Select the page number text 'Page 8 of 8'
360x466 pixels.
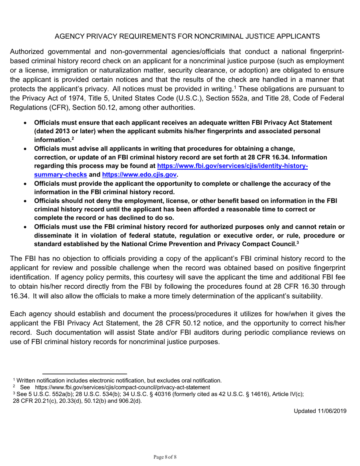(x=165, y=457)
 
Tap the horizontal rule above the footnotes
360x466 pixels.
(x=84, y=374)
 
